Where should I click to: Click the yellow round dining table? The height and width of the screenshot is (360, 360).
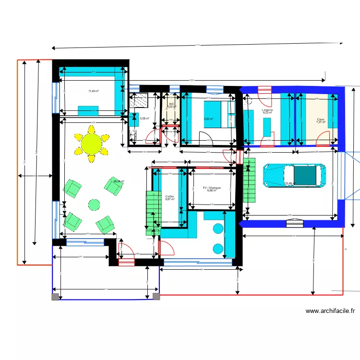(91, 143)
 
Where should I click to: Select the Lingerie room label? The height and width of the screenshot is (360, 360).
(267, 110)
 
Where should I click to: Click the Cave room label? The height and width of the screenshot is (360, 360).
(320, 120)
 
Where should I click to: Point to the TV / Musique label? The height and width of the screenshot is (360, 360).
(212, 188)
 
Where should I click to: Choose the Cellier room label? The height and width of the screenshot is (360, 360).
(170, 196)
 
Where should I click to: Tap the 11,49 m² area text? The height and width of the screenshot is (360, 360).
(93, 91)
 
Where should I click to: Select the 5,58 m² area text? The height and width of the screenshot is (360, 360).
(144, 119)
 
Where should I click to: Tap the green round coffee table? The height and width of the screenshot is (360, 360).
(94, 204)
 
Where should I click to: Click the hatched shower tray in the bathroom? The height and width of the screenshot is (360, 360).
(141, 101)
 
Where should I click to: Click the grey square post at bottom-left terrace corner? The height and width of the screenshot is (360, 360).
(56, 297)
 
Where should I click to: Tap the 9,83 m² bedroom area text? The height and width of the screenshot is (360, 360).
(208, 119)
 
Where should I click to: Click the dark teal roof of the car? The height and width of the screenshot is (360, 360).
(305, 175)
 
